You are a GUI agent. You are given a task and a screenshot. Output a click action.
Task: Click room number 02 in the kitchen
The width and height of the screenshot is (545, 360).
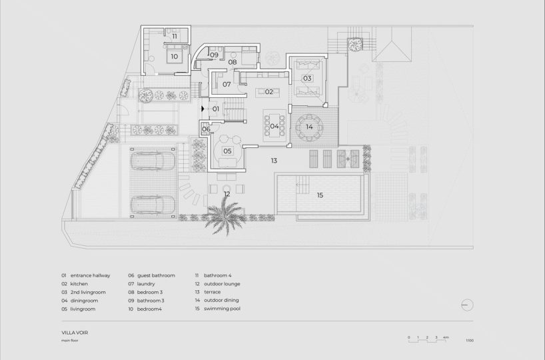(269, 92)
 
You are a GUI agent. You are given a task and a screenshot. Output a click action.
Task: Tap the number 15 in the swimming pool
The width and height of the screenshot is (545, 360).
(320, 195)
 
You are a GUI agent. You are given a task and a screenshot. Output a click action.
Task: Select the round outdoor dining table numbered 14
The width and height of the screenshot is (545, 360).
(309, 127)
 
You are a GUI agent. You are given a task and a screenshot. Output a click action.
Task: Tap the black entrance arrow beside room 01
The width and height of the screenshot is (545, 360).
(203, 109)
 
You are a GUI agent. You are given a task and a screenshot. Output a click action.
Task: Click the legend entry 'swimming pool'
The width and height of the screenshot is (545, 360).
(222, 309)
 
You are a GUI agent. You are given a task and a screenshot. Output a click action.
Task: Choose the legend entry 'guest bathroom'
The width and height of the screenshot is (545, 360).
(156, 275)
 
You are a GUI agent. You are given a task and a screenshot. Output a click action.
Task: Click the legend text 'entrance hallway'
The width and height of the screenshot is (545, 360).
(91, 275)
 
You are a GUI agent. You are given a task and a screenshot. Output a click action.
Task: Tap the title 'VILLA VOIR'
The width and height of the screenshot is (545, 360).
(75, 333)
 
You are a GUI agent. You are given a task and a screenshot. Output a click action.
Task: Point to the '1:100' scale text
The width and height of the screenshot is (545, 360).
(470, 341)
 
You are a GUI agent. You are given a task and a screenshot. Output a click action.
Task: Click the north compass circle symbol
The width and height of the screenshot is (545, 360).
(467, 305)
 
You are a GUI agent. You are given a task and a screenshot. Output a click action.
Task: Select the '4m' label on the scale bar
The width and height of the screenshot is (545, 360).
(446, 337)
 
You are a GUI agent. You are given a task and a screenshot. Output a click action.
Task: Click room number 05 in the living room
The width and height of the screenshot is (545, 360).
(227, 151)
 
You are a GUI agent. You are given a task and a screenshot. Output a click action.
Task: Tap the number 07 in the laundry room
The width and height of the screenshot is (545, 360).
(227, 84)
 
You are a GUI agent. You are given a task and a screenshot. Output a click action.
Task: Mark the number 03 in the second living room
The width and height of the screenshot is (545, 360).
(307, 78)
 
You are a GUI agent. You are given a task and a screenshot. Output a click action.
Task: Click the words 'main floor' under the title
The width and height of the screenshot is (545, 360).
(70, 341)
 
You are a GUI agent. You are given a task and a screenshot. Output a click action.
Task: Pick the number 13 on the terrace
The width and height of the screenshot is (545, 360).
(274, 161)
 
